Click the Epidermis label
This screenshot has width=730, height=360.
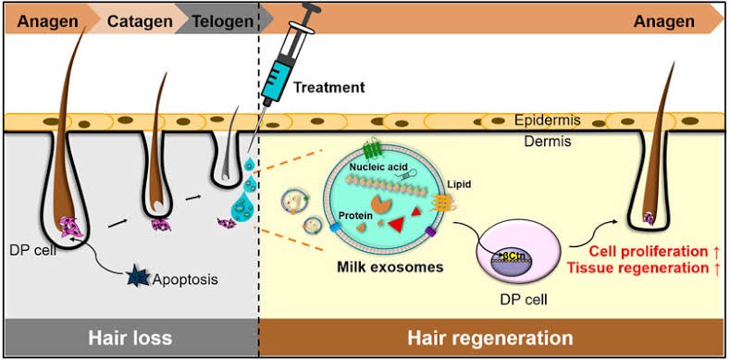click(x=548, y=121)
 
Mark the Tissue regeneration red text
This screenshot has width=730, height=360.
click(x=647, y=268)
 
